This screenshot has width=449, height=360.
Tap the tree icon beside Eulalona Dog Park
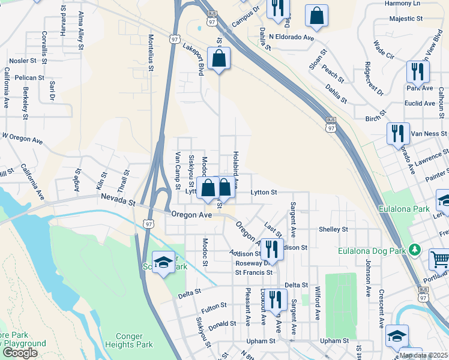(x=414, y=249)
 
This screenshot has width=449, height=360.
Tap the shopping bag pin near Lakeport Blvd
(x=218, y=59)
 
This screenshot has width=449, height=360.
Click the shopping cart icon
(x=440, y=259)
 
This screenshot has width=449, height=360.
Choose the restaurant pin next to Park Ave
(x=418, y=72)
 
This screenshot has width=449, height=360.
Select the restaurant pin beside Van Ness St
(x=397, y=133)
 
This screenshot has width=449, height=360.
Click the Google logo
(x=20, y=353)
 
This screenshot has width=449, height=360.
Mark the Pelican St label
(x=30, y=77)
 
